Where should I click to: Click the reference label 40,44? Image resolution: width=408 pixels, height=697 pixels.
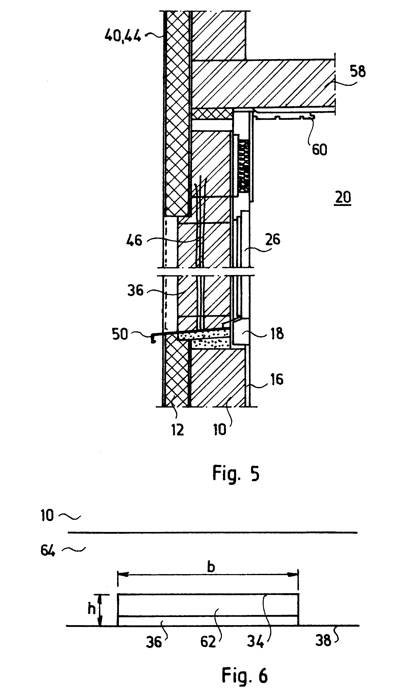tap(123, 36)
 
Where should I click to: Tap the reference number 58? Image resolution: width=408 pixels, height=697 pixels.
tap(358, 71)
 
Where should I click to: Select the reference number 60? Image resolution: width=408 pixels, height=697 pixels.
tap(319, 150)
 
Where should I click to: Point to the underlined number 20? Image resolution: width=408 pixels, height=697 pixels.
tap(343, 198)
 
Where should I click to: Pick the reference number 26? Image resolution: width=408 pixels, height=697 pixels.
tap(273, 239)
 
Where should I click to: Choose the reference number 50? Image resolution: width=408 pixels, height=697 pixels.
tap(120, 334)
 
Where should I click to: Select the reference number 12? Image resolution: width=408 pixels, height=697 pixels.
tap(177, 430)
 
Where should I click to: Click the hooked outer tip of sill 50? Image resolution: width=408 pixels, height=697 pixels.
tap(152, 340)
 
